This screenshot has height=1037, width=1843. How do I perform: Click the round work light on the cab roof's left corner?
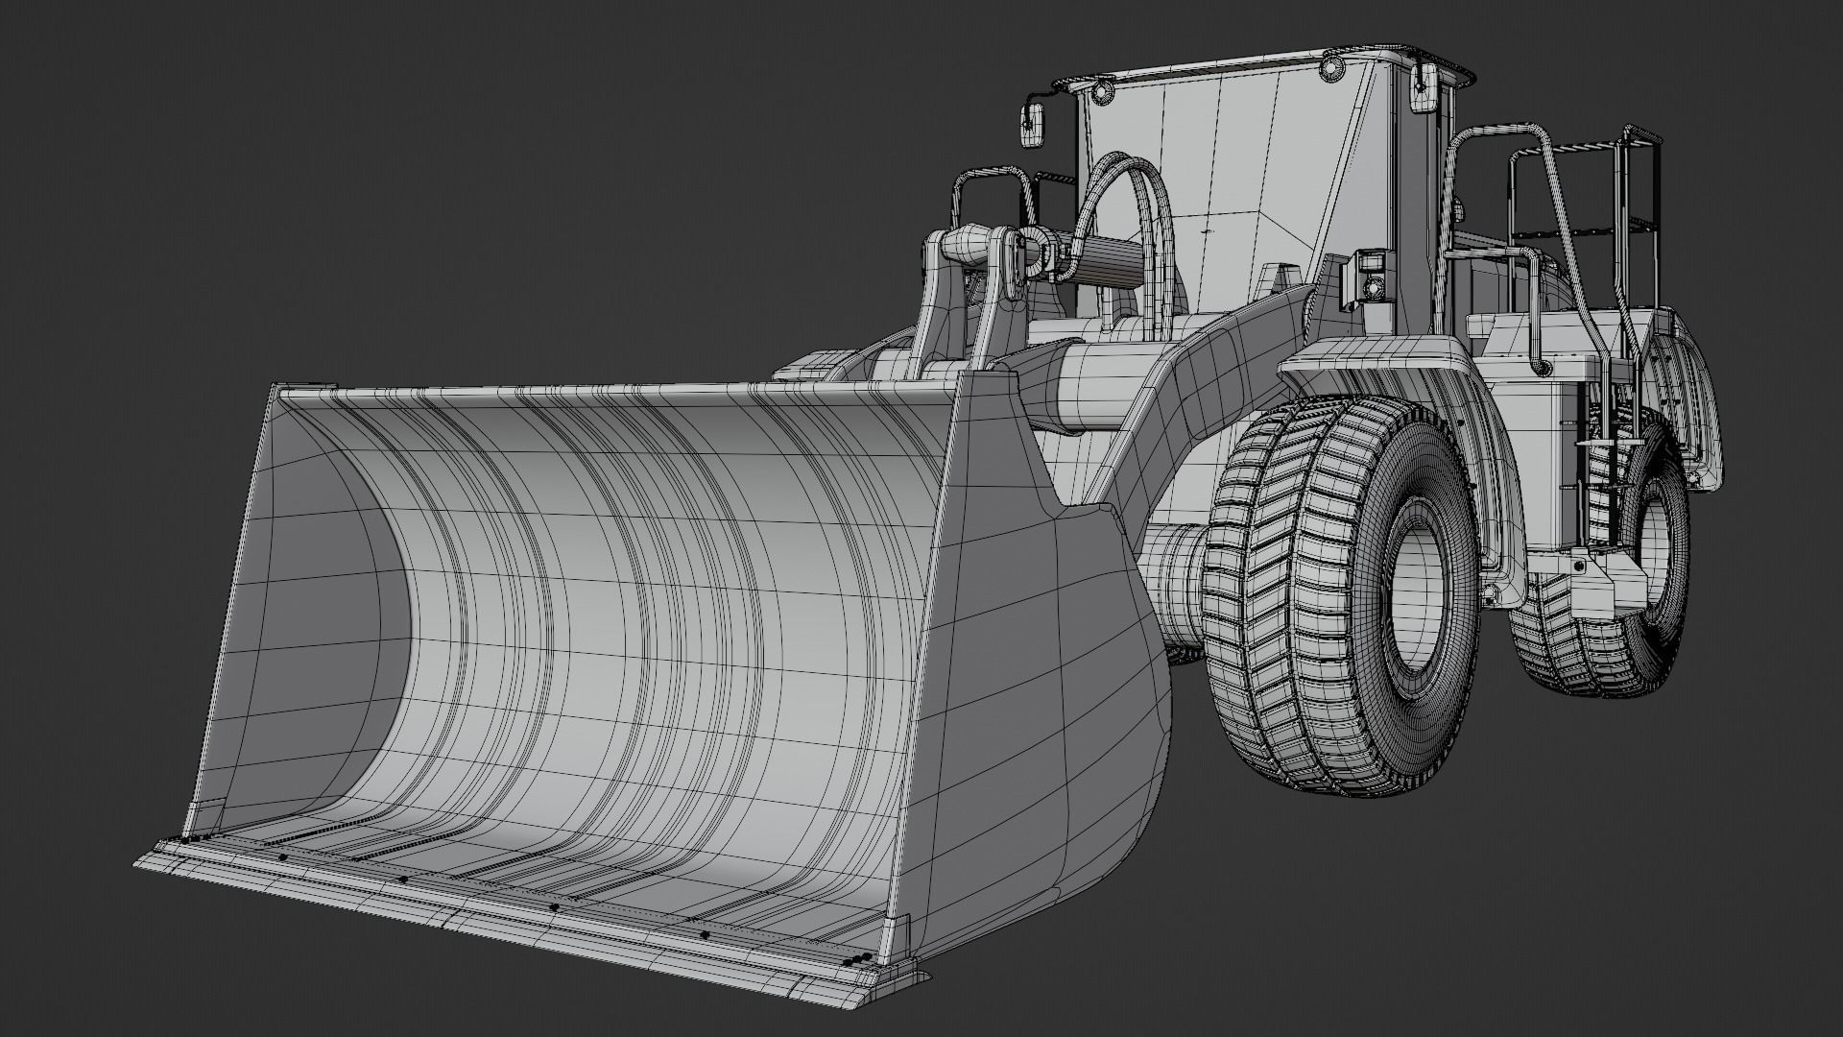(1101, 91)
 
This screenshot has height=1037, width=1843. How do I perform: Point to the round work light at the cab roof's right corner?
(1330, 66)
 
